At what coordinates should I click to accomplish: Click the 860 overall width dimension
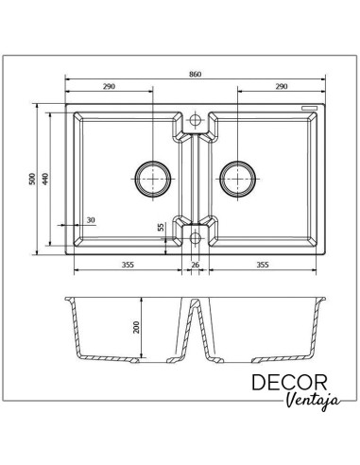[195, 75]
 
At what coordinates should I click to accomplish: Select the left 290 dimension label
[109, 86]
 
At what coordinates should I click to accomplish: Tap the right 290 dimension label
[282, 86]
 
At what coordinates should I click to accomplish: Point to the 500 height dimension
[32, 179]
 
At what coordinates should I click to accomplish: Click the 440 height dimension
[45, 179]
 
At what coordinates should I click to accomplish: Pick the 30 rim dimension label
[91, 220]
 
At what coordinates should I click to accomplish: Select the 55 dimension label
[161, 227]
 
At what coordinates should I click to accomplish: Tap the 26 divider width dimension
[196, 265]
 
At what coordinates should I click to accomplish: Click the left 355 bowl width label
[128, 265]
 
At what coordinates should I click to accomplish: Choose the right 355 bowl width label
[263, 265]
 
